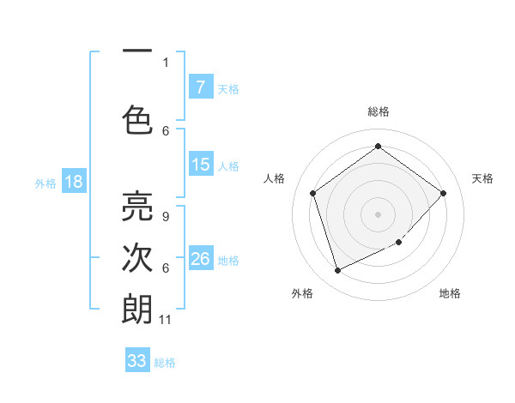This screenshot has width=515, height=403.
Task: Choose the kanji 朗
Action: tap(137, 308)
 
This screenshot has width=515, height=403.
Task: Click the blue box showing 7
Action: tap(200, 87)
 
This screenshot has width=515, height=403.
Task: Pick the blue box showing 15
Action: tap(200, 165)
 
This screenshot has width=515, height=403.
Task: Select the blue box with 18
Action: tap(73, 182)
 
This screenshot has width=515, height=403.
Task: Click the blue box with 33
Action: tap(137, 361)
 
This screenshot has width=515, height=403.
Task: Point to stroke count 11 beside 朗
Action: tap(166, 320)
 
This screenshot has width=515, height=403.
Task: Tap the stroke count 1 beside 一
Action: tap(166, 62)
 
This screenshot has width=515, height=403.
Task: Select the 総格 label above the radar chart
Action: tap(378, 111)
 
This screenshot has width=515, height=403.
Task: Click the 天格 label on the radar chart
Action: tap(482, 178)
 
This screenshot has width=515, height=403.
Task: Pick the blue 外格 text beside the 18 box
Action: tap(45, 183)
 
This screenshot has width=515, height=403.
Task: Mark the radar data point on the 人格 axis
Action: tap(312, 193)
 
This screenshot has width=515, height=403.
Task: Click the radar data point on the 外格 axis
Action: tap(337, 271)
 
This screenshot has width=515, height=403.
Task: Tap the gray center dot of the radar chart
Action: tap(378, 214)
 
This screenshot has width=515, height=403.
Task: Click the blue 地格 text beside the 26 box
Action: tap(228, 260)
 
